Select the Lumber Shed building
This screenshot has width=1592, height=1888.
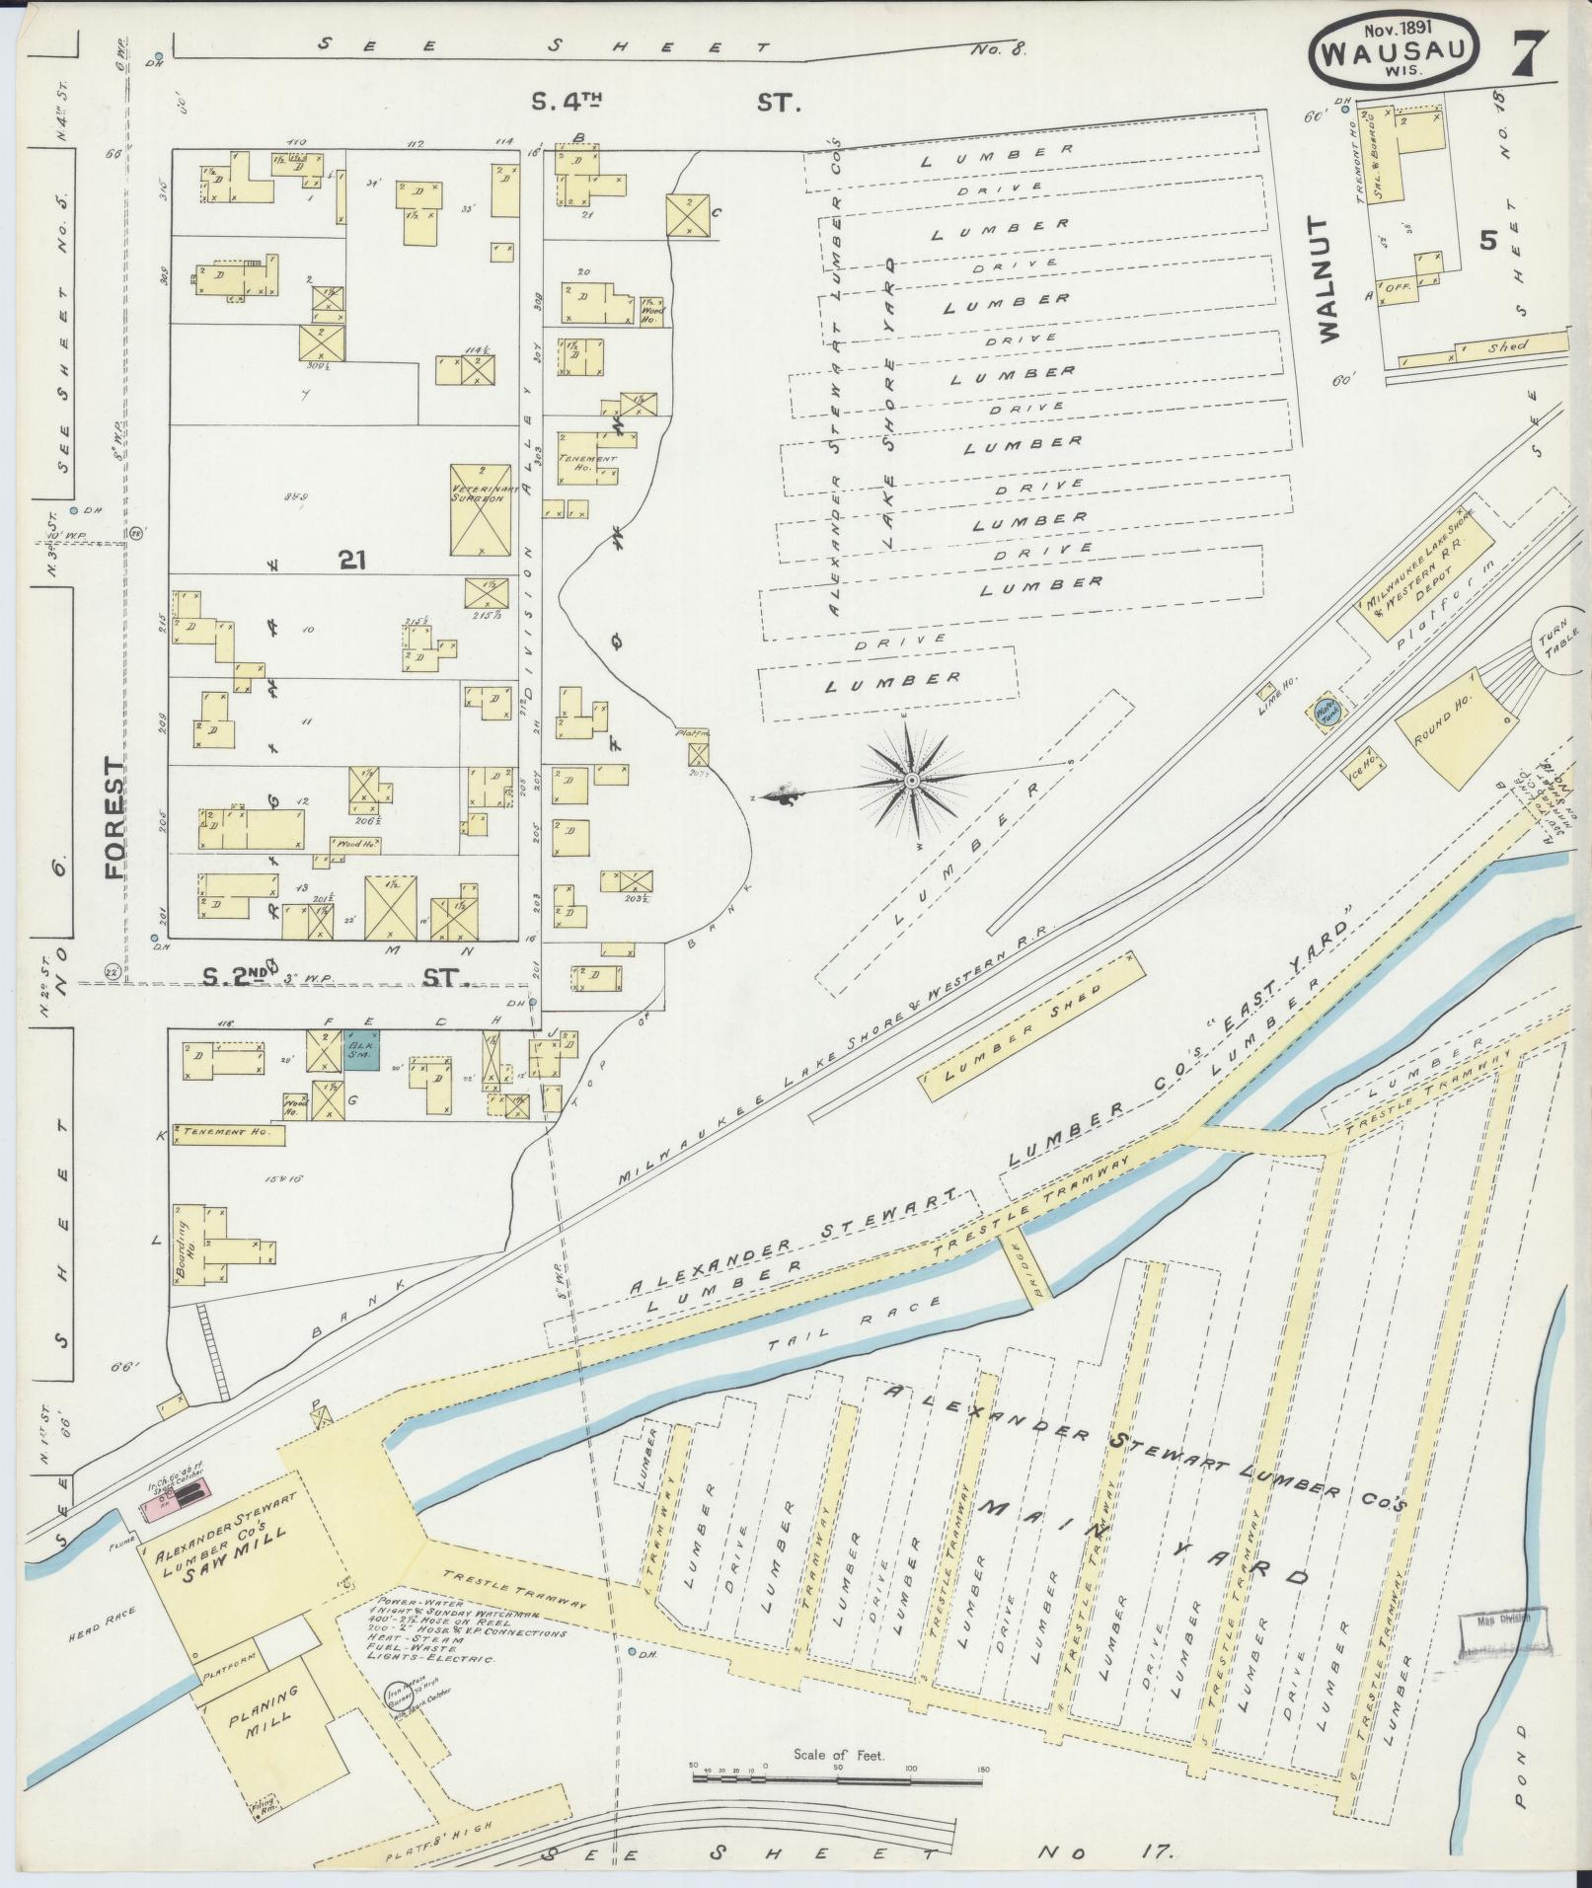(x=1030, y=1025)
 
